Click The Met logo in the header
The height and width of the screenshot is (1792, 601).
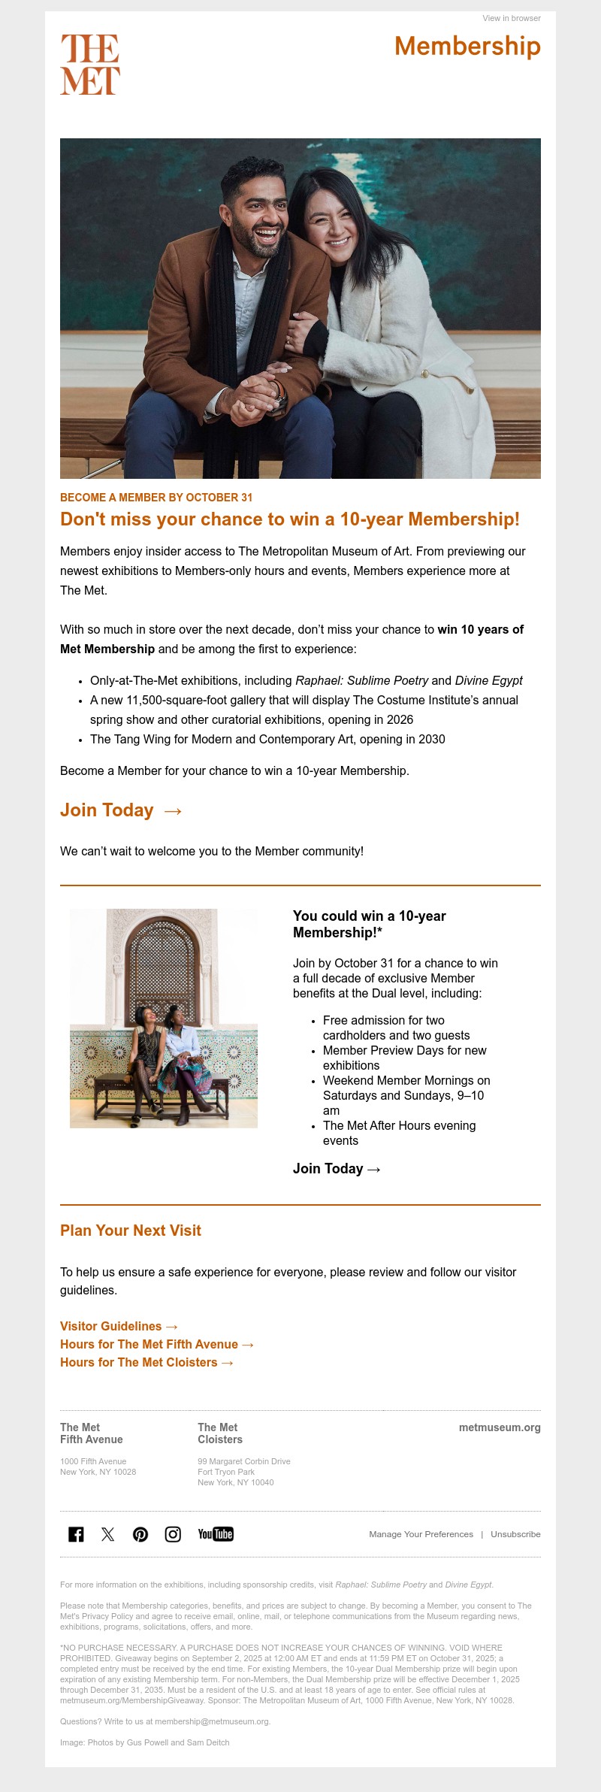coord(90,64)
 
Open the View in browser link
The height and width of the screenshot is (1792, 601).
coord(511,18)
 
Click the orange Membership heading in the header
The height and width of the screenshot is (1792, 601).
coord(467,46)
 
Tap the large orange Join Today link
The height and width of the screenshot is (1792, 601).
coord(121,810)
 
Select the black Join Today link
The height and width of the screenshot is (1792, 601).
coord(337,1169)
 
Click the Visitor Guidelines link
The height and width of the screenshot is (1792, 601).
coord(119,1327)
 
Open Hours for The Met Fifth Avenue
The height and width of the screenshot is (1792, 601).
coord(157,1345)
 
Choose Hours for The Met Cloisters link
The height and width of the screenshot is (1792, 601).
coord(146,1363)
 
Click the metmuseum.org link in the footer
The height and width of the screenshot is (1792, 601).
coord(500,1427)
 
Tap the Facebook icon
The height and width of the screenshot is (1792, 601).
coord(76,1534)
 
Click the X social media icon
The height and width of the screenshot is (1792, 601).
coord(108,1534)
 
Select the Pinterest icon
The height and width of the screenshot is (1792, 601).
coord(140,1534)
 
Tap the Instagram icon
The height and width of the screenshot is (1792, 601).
coord(173,1534)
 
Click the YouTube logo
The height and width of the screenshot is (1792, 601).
coord(216,1534)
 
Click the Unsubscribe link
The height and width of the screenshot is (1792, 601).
coord(515,1534)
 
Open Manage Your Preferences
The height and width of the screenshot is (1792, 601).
coord(421,1534)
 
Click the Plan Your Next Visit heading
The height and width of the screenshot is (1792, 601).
coord(131,1230)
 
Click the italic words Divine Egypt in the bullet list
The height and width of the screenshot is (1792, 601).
coord(488,680)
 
